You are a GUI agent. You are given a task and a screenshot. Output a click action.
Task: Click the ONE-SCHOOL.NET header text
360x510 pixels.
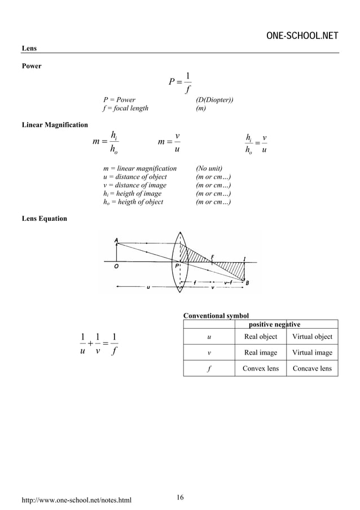click(x=302, y=37)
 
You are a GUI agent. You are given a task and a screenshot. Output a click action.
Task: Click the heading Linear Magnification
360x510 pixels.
click(x=54, y=124)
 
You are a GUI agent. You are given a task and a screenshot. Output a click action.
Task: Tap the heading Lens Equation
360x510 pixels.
click(x=44, y=219)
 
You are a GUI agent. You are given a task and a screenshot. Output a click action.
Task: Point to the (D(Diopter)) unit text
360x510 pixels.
click(x=214, y=99)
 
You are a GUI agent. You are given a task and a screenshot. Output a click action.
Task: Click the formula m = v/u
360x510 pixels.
click(x=169, y=141)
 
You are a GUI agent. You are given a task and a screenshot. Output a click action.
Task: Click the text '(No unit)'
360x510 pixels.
click(x=209, y=168)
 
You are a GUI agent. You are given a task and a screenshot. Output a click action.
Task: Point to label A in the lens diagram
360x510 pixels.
click(x=116, y=240)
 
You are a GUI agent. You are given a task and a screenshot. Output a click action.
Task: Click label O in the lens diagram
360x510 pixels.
click(x=116, y=268)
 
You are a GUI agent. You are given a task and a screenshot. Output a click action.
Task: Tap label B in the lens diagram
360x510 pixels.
click(x=247, y=283)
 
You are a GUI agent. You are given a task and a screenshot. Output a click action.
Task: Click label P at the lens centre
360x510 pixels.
click(x=177, y=265)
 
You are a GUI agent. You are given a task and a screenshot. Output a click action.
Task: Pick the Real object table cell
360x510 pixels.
click(x=260, y=337)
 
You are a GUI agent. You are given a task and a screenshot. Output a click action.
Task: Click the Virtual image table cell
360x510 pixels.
click(x=312, y=352)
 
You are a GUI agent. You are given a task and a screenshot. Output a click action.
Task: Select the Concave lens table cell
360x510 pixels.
click(x=312, y=369)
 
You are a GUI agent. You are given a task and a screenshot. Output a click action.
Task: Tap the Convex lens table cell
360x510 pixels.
click(x=260, y=369)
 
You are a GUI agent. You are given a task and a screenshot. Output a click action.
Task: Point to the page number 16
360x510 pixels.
click(x=180, y=497)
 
